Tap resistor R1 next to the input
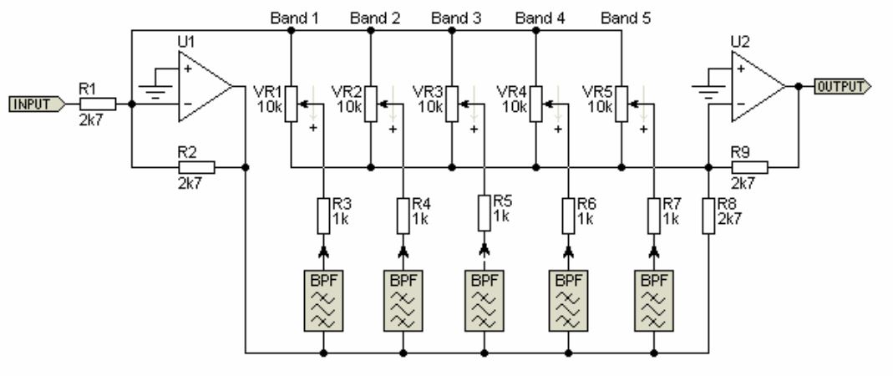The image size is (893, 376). click(x=98, y=104)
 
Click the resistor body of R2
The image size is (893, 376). click(x=196, y=167)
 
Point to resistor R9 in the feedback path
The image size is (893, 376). click(x=749, y=167)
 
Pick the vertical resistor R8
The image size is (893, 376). click(x=708, y=216)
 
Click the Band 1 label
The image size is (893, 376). click(x=295, y=18)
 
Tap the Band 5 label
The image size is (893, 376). click(x=627, y=18)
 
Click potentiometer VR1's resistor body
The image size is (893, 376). click(x=290, y=103)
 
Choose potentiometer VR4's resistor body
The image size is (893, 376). click(x=536, y=103)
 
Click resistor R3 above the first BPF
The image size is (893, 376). click(x=322, y=216)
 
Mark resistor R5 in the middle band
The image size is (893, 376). click(x=484, y=213)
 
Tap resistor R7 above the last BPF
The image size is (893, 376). click(x=653, y=216)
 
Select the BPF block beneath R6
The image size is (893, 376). click(x=568, y=299)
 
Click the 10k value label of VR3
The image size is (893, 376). click(x=429, y=106)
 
